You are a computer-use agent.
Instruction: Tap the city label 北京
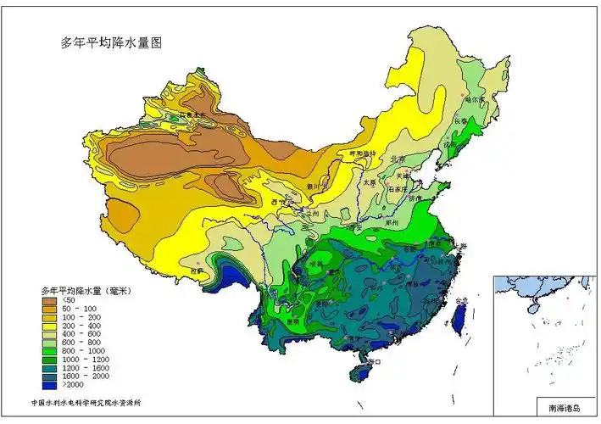point(398,159)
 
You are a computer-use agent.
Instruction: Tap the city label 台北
point(462,301)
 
